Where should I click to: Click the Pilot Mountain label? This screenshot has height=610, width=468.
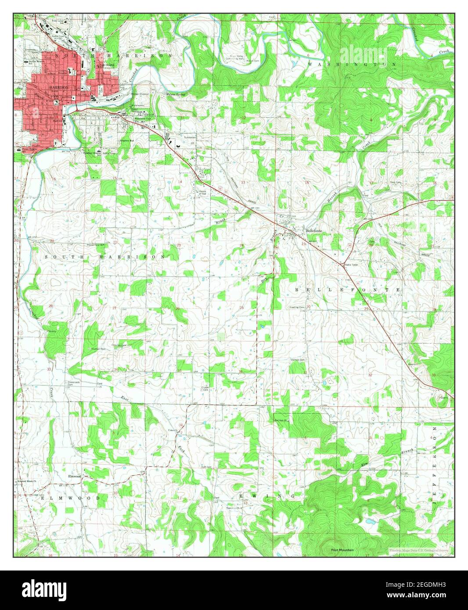click(x=342, y=550)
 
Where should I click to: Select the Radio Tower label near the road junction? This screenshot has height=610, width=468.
click(x=352, y=265)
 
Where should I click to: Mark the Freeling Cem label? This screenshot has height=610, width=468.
click(x=296, y=307)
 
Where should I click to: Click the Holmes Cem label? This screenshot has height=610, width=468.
click(x=297, y=360)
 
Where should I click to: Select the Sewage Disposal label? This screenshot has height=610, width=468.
click(x=140, y=94)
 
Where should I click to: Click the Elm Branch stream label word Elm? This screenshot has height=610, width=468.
click(x=364, y=464)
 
